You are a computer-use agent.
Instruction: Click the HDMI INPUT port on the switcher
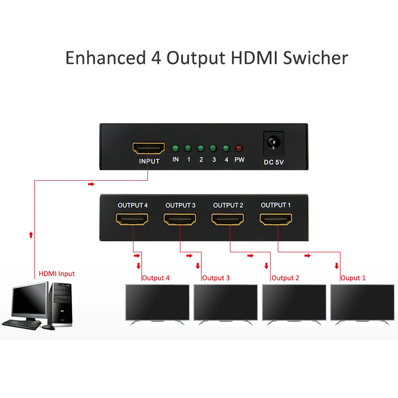pyautogui.click(x=149, y=148)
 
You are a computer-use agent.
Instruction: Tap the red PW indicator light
pyautogui.click(x=239, y=149)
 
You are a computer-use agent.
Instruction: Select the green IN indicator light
pyautogui.click(x=175, y=149)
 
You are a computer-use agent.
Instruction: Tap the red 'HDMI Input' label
pyautogui.click(x=57, y=274)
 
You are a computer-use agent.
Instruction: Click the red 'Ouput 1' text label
pyautogui.click(x=353, y=278)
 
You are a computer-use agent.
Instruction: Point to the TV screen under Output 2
pyautogui.click(x=294, y=301)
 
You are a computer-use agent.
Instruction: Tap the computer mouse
pyautogui.click(x=49, y=327)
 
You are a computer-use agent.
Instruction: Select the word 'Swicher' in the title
pyautogui.click(x=316, y=58)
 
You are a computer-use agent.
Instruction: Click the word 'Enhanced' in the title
pyautogui.click(x=106, y=58)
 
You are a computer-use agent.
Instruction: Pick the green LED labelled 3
pyautogui.click(x=213, y=149)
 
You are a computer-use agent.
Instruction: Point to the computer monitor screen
pyautogui.click(x=29, y=301)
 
